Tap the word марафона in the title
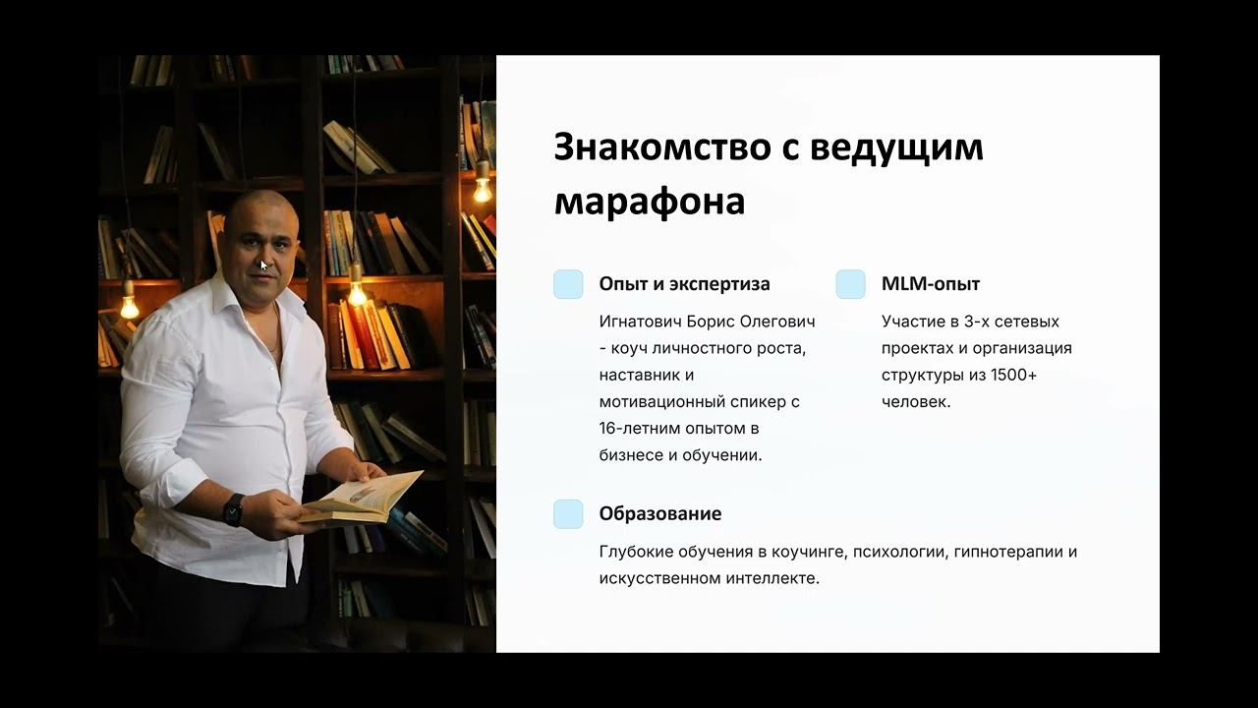(650, 201)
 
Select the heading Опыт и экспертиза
(684, 284)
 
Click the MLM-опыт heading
(931, 284)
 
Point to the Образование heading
(660, 513)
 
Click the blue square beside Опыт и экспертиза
(568, 284)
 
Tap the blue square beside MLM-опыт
(850, 284)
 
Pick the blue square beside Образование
(568, 513)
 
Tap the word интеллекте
(771, 578)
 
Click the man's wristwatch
(233, 508)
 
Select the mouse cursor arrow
(263, 265)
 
